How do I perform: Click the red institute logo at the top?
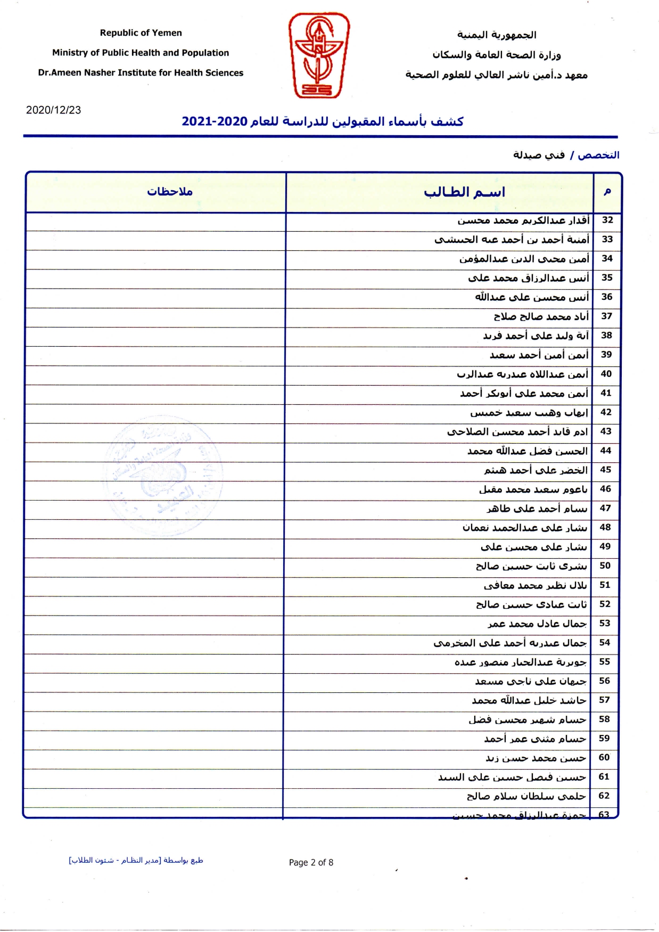pos(318,55)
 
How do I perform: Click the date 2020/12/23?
pos(53,110)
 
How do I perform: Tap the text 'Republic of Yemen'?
pos(141,33)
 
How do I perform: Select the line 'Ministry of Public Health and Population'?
pos(141,53)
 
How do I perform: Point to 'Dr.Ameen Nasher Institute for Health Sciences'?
pos(141,73)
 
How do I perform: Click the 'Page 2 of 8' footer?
pos(311,862)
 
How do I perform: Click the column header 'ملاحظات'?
pos(169,192)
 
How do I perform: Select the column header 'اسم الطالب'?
pos(464,192)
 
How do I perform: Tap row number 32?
pos(607,220)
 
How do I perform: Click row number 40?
pos(606,374)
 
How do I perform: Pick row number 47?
pos(605,508)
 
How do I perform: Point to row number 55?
pos(605,661)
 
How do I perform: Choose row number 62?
pos(604,796)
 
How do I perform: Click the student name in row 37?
pos(541,316)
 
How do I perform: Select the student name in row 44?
pos(528,451)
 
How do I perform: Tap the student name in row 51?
pos(535,585)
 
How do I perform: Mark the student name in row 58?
pos(527,720)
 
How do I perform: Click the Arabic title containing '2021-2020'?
pos(323,121)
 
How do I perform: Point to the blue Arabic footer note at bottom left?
pos(136,860)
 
